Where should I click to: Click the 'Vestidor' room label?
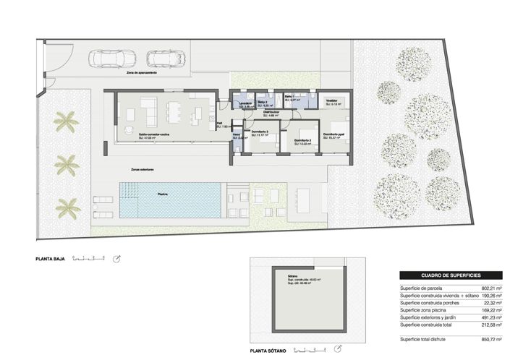[x=331, y=100]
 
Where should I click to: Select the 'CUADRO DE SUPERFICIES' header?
[x=450, y=275]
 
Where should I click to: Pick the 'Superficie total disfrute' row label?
[x=426, y=339]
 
